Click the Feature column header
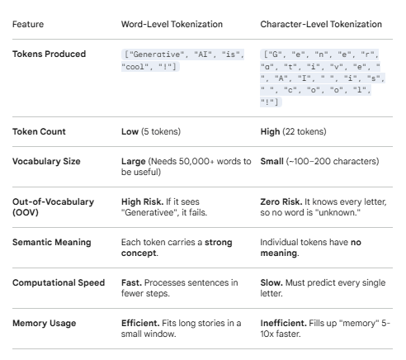coord(28,24)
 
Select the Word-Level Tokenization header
coord(172,24)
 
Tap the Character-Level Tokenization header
coord(321,24)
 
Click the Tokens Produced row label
coord(49,54)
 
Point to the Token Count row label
coord(39,131)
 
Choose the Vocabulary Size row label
coord(46,161)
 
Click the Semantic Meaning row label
coord(52,242)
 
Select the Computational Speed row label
coord(59,282)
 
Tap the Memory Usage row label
coord(44,323)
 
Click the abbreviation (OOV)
coord(26,212)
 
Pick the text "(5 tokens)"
coord(161,131)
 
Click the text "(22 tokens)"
coord(304,131)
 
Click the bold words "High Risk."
coord(143,201)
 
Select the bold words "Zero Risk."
coord(281,201)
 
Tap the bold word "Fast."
coord(131,282)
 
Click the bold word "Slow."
coord(271,282)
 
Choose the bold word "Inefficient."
coord(283,323)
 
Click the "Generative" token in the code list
coord(155,54)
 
